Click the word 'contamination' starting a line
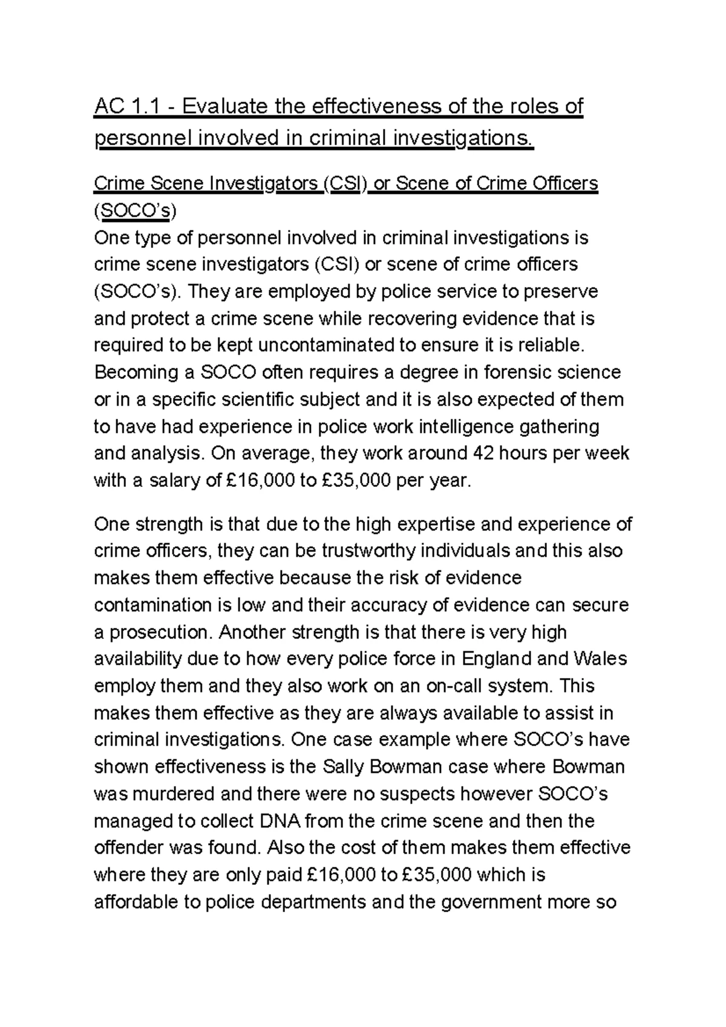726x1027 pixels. point(153,605)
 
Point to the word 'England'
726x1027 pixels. point(495,659)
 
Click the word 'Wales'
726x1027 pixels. point(600,659)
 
